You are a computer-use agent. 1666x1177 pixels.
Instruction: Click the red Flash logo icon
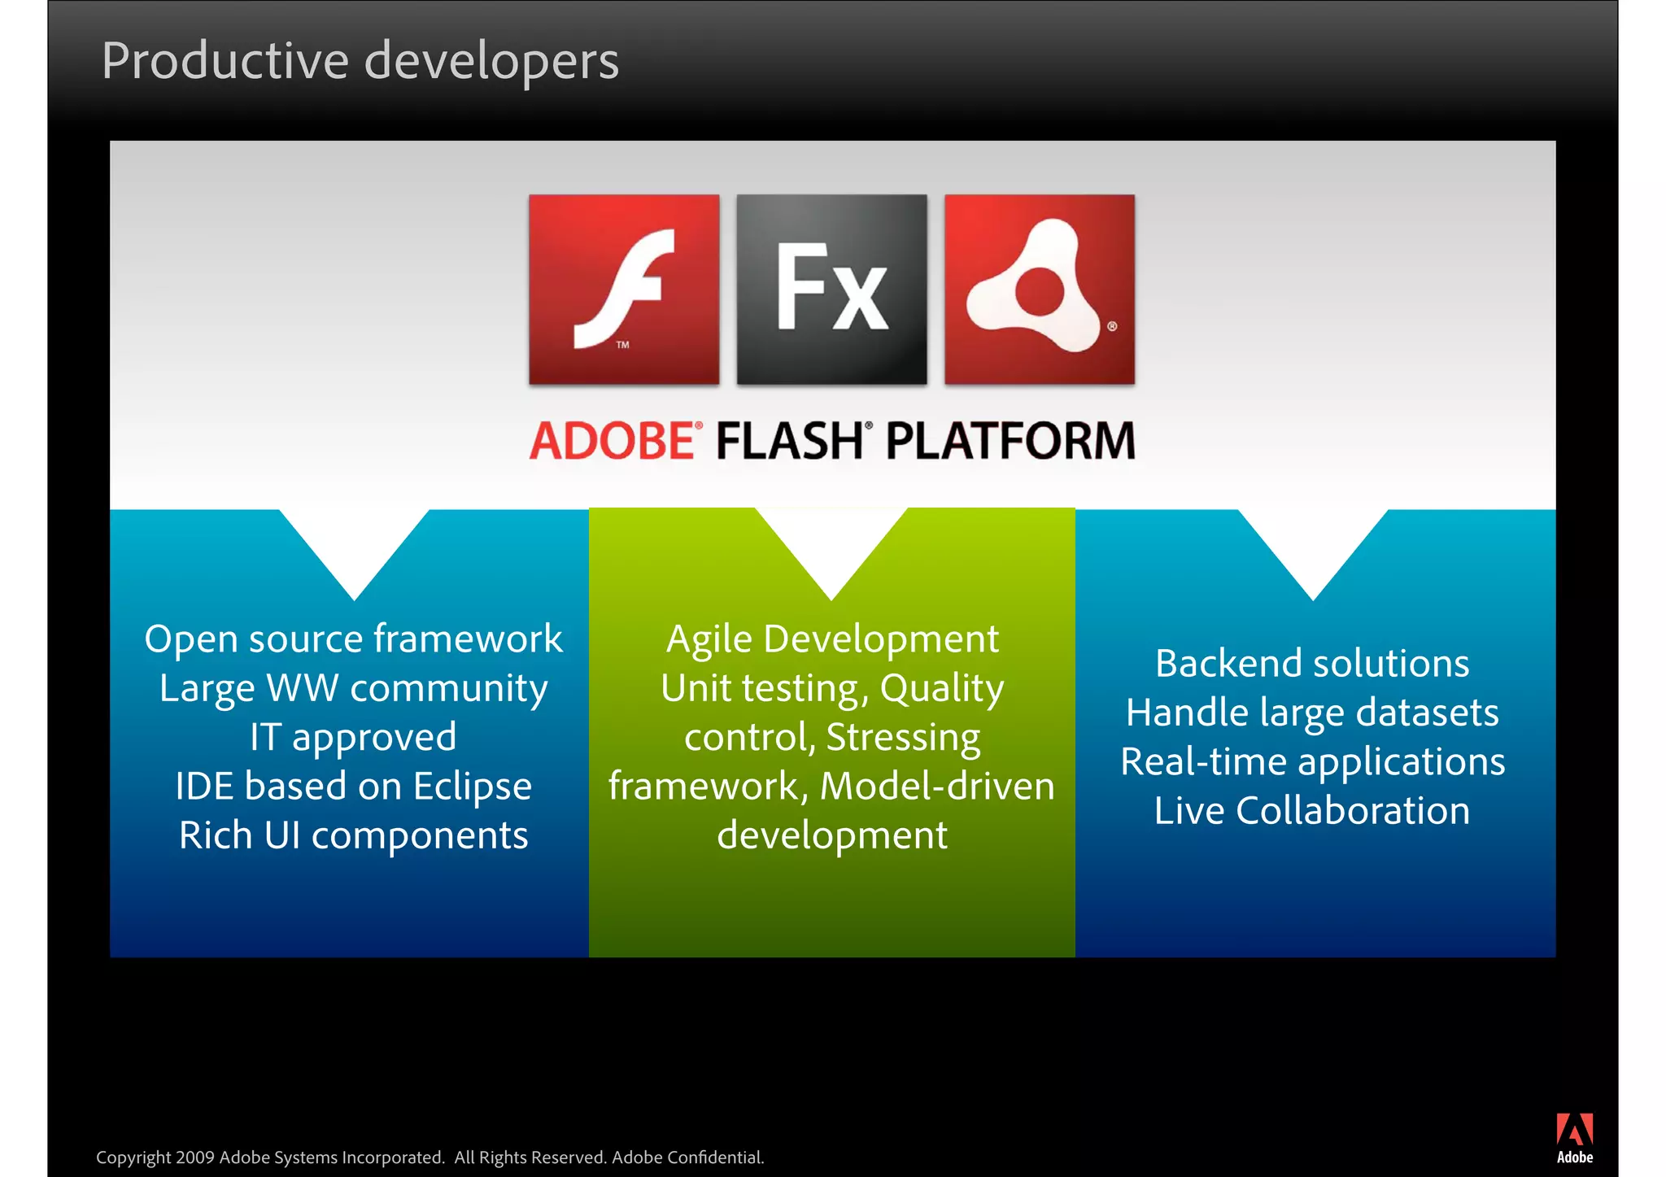pyautogui.click(x=624, y=290)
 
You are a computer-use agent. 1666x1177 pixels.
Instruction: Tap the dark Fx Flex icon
pyautogui.click(x=831, y=290)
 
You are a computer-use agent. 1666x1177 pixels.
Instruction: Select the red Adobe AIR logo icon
pyautogui.click(x=1039, y=290)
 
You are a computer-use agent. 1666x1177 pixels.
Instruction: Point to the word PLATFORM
pyautogui.click(x=1010, y=442)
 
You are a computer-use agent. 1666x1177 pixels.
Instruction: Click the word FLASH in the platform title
pyautogui.click(x=789, y=442)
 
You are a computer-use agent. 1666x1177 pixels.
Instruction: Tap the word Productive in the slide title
pyautogui.click(x=225, y=62)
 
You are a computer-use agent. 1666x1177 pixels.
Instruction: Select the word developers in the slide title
pyautogui.click(x=491, y=62)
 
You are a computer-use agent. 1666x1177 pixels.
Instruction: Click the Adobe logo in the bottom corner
pyautogui.click(x=1575, y=1138)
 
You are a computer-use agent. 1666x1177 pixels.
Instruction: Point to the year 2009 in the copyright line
pyautogui.click(x=195, y=1157)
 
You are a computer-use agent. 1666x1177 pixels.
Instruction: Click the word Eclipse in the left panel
pyautogui.click(x=472, y=787)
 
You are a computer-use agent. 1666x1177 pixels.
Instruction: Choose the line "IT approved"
pyautogui.click(x=353, y=738)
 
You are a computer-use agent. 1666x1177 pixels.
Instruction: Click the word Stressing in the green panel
pyautogui.click(x=903, y=738)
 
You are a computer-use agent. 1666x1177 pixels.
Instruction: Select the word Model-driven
pyautogui.click(x=937, y=787)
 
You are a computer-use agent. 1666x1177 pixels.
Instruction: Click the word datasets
pyautogui.click(x=1427, y=713)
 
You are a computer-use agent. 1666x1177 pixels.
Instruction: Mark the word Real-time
pyautogui.click(x=1204, y=762)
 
